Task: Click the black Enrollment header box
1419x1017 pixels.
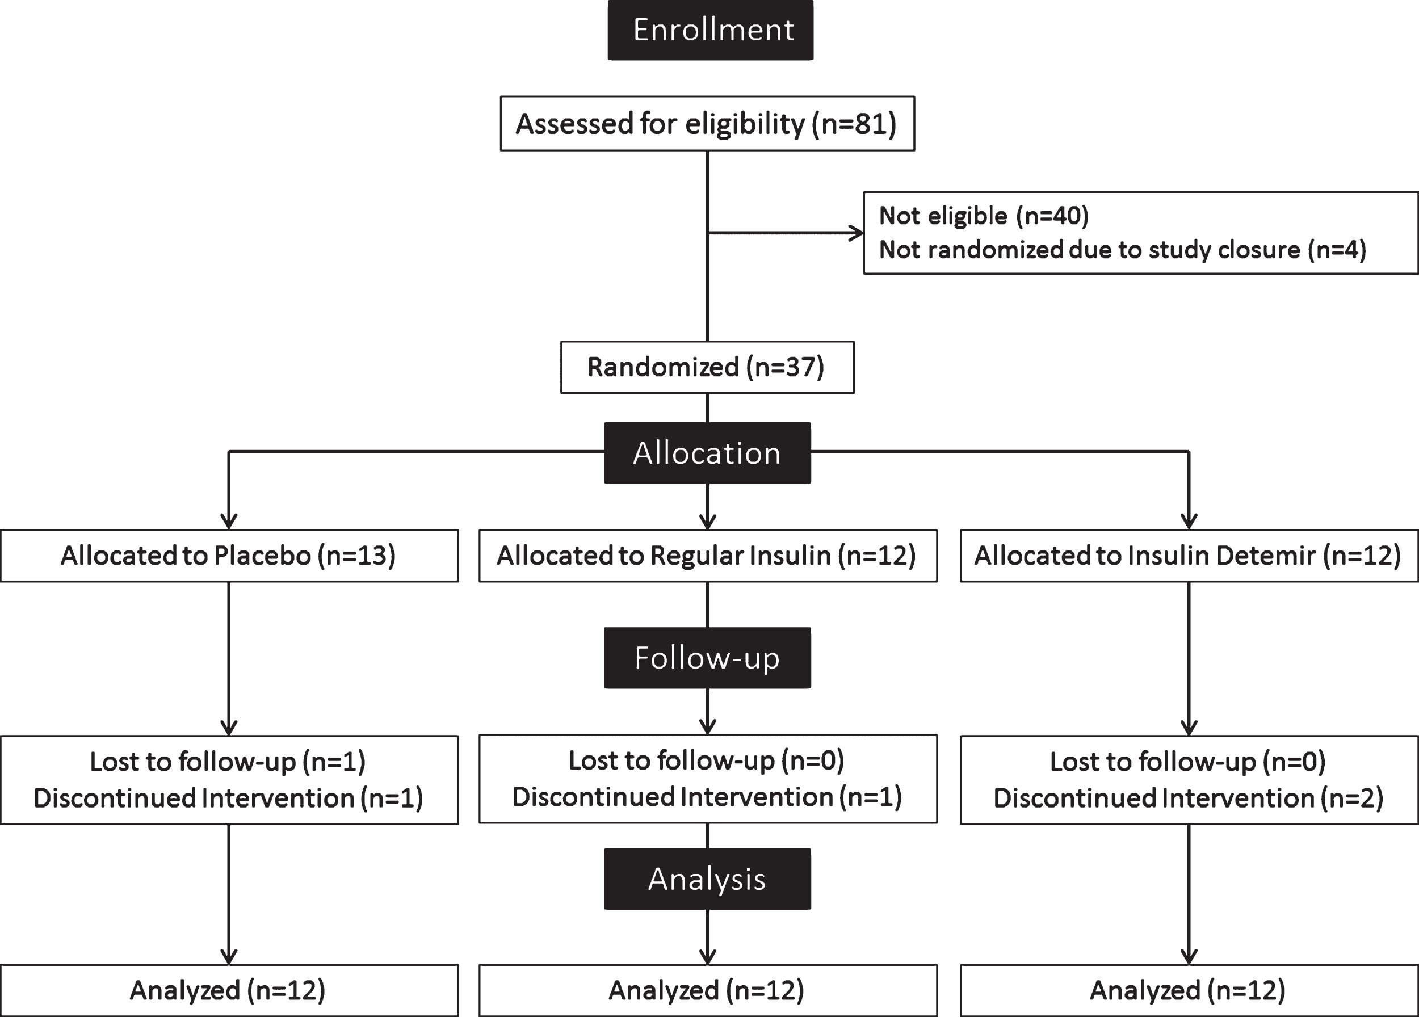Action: tap(710, 30)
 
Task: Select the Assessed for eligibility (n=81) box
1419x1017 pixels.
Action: tap(707, 123)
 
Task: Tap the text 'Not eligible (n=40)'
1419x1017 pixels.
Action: tap(984, 216)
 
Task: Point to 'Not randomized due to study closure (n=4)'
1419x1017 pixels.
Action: tap(1123, 250)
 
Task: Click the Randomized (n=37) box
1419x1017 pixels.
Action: tap(707, 367)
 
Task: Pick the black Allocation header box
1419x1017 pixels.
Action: tap(707, 453)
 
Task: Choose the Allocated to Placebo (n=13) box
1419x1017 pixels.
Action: tap(229, 556)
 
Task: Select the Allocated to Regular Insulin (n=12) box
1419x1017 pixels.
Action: tap(708, 556)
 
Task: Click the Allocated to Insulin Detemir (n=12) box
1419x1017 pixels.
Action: tap(1189, 556)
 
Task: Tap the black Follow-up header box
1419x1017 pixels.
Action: tap(707, 658)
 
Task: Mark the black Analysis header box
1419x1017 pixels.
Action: tap(707, 879)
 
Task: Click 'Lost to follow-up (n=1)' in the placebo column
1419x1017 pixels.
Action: tap(228, 762)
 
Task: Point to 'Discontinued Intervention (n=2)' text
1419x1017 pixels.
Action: tap(1188, 798)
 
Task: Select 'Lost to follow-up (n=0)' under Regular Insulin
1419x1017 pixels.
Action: tap(706, 760)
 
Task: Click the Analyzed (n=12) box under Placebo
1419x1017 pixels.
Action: tap(229, 991)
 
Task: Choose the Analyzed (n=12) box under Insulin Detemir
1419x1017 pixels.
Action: tap(1189, 991)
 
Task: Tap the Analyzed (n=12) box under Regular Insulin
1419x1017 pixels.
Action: tap(708, 991)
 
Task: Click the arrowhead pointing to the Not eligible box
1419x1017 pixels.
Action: tap(856, 233)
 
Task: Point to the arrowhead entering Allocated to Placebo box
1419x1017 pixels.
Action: tap(229, 522)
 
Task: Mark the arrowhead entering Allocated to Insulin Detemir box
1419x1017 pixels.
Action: tap(1189, 522)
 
